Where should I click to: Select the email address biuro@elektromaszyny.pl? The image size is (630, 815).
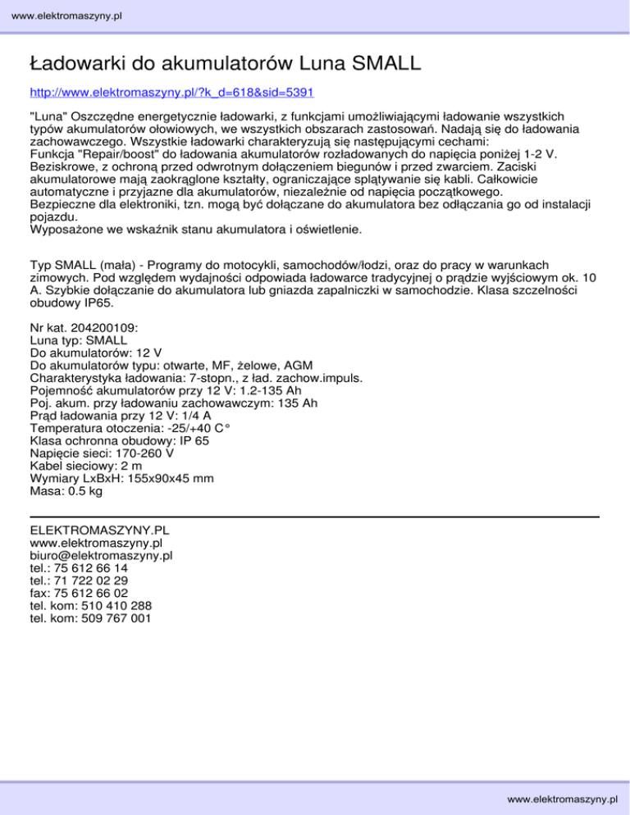tap(100, 555)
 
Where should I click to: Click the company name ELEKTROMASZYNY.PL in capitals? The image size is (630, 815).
tap(99, 530)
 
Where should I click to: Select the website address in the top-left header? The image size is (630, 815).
tap(62, 15)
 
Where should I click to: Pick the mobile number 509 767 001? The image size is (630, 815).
tap(112, 618)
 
